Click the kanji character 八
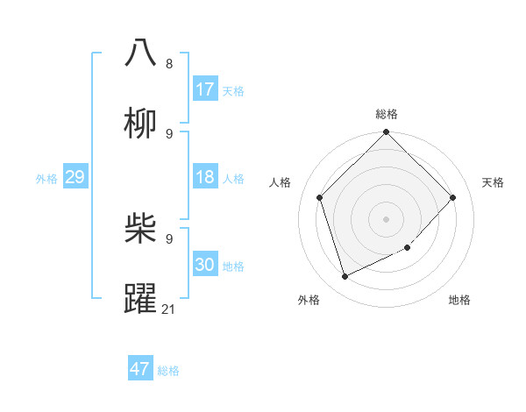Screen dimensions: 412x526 (141, 53)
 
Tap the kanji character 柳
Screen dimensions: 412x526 (141, 124)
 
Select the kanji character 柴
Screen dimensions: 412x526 (141, 230)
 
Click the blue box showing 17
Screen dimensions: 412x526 (205, 89)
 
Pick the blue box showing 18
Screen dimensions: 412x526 (205, 177)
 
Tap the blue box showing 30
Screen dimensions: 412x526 (205, 265)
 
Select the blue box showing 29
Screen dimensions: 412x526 (75, 177)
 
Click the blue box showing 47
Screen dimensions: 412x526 (140, 369)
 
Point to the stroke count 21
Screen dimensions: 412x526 (169, 309)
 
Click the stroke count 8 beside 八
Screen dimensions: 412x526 (169, 63)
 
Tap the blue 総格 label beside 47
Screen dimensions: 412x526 (168, 371)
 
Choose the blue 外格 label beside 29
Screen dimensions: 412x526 (46, 179)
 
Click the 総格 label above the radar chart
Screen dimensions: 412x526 (387, 114)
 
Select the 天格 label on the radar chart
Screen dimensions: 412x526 (493, 182)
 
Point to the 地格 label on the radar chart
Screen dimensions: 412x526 (459, 300)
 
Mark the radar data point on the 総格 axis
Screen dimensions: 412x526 (387, 133)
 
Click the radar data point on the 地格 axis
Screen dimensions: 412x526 (407, 247)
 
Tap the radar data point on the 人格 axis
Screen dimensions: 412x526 (320, 197)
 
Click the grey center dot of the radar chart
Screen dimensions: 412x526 (387, 218)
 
